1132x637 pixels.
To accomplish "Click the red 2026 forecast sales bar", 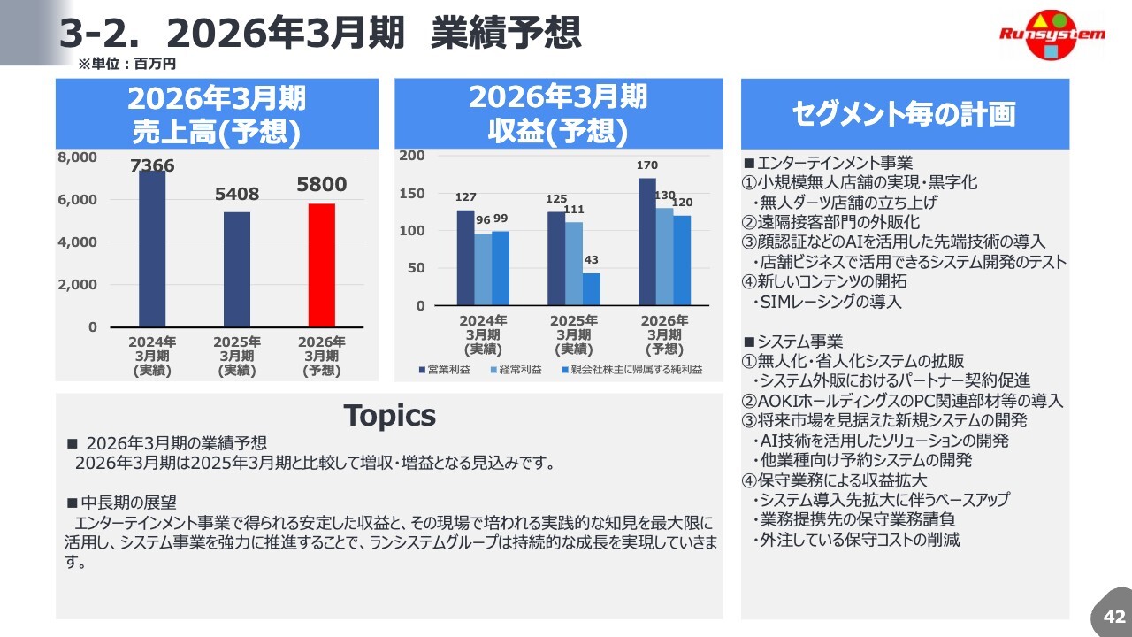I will [x=322, y=265].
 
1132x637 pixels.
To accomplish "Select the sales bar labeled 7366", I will [x=152, y=249].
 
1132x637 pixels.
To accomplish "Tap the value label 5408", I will [x=237, y=194].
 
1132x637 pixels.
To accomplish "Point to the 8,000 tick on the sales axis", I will [x=78, y=157].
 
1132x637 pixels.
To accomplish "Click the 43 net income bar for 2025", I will [x=591, y=288].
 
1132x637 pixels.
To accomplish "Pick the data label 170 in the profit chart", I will [x=647, y=165].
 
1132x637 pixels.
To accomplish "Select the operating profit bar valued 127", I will [x=465, y=257].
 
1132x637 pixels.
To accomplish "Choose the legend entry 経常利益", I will [x=516, y=370].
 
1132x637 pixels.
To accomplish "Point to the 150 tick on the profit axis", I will [x=413, y=193].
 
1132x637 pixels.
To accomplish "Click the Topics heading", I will [x=389, y=415].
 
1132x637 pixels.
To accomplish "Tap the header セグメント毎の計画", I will [x=904, y=114].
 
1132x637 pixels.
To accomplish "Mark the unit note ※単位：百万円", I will [x=127, y=64].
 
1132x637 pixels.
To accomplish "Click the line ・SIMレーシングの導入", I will [x=826, y=302].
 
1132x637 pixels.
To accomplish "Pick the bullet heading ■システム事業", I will [x=793, y=342].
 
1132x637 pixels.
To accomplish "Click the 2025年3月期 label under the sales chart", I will [x=237, y=356].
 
